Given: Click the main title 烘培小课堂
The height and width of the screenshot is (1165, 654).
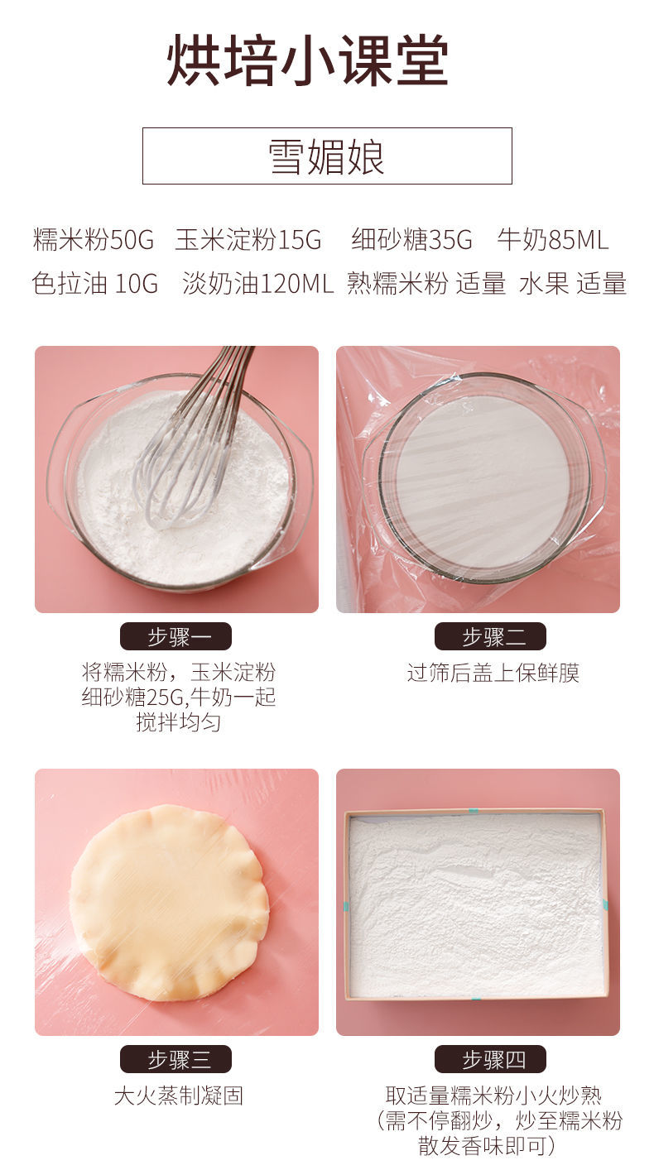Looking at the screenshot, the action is click(307, 60).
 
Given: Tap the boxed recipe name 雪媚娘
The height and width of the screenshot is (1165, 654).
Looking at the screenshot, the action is click(327, 156).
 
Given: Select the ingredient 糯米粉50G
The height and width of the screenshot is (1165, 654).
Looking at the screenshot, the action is click(93, 240).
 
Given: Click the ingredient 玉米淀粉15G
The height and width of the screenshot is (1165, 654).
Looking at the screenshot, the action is click(248, 240).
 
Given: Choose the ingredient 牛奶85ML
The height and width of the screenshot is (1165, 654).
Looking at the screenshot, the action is click(552, 240).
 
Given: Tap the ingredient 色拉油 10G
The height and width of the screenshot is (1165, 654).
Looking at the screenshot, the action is click(94, 284).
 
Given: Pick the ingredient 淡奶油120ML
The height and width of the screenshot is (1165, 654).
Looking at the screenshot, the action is click(258, 284).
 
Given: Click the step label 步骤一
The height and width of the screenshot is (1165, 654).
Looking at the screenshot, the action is click(176, 636).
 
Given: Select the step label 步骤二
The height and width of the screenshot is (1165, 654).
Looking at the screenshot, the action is click(490, 636).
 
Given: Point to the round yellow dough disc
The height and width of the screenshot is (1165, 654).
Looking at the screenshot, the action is click(169, 903).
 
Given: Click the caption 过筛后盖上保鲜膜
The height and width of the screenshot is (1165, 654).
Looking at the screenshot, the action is click(493, 673).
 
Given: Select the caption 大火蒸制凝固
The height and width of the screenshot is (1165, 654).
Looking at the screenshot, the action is click(179, 1095).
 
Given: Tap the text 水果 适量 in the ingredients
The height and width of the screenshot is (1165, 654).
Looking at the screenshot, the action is click(572, 284).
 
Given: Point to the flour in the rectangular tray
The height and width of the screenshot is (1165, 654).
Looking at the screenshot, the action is click(475, 905).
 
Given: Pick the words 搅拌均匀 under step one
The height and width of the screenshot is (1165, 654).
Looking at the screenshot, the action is click(179, 722).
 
